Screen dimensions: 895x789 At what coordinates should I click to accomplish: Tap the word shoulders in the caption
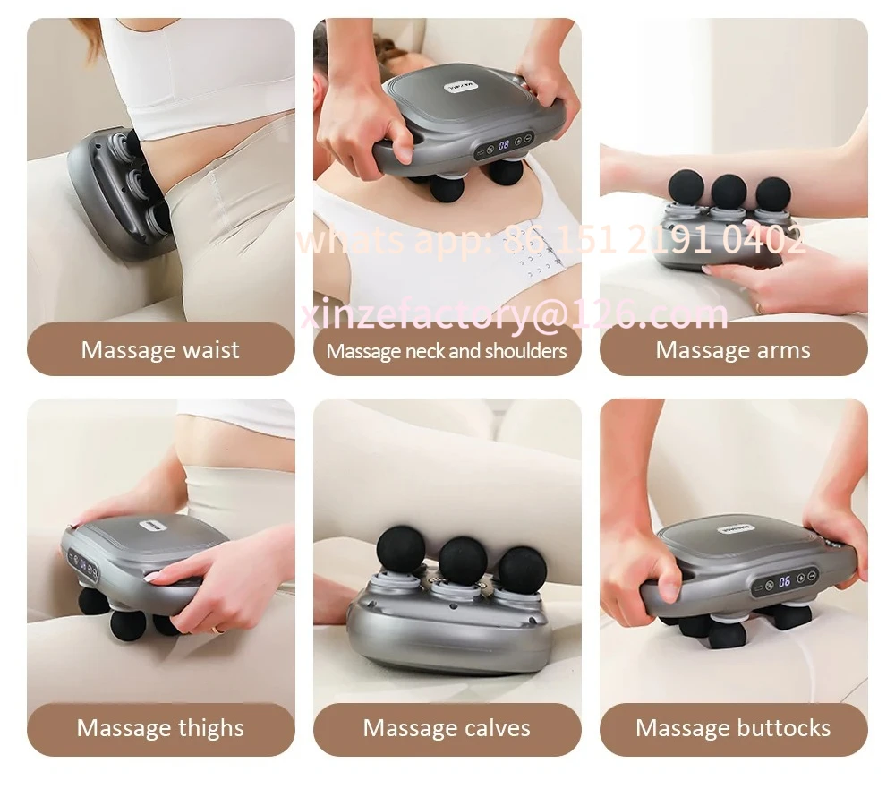pos(525,351)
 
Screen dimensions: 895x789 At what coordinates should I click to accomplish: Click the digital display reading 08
pos(504,145)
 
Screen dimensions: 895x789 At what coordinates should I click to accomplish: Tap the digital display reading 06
pos(784,581)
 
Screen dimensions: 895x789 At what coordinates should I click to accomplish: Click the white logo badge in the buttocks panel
pos(737,528)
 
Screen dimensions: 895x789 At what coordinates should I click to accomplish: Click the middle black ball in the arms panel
pos(729,192)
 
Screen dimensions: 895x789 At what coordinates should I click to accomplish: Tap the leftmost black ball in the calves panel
pos(401,550)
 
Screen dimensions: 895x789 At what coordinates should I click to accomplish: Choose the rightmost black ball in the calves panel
pos(523,570)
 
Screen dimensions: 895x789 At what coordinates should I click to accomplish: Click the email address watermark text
pos(514,314)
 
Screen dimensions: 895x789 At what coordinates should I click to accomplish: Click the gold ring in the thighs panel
pos(217,630)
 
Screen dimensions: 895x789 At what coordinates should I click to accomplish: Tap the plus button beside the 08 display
pos(518,142)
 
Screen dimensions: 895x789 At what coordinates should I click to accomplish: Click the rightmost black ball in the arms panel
pos(772,193)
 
